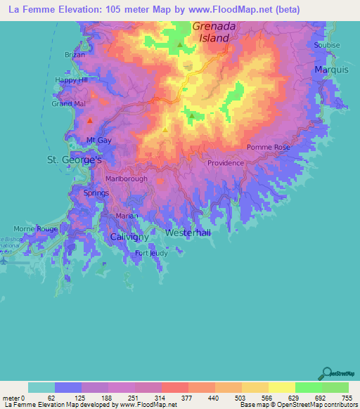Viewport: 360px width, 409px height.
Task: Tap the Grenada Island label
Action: click(x=211, y=32)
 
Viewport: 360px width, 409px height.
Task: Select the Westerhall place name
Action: click(x=188, y=233)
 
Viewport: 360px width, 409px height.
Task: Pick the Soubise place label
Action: click(x=327, y=45)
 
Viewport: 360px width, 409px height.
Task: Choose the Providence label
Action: click(x=225, y=163)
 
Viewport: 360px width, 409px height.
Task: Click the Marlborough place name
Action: click(x=127, y=179)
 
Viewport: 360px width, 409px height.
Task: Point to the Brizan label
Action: click(x=75, y=55)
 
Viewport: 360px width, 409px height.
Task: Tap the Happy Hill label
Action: click(x=71, y=80)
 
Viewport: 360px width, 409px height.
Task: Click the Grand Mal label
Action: click(x=69, y=104)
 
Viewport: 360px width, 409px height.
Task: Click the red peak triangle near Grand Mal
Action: click(x=89, y=121)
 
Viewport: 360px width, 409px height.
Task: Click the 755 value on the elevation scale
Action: click(x=347, y=397)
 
